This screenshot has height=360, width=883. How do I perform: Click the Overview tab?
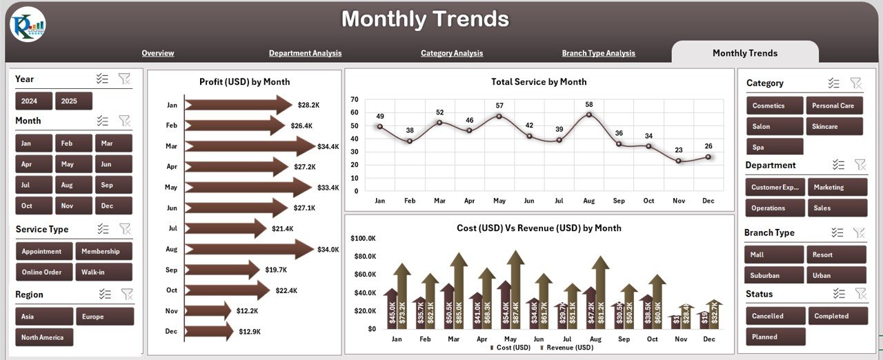pos(158,53)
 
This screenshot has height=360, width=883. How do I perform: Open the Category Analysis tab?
pos(452,53)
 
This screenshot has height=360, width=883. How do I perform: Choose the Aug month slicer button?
pos(67,185)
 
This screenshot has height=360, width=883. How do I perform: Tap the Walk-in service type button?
pos(103,272)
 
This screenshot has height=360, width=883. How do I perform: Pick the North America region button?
pos(44,337)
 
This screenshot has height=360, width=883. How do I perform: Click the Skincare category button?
pos(834,126)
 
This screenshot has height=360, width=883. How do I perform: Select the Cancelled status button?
pos(775,316)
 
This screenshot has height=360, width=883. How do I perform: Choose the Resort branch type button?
pos(835,254)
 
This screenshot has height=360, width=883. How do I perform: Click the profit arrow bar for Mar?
pos(248,146)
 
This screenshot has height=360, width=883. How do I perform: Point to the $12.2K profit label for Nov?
pos(247,311)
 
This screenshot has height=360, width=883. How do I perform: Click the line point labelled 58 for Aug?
pos(588,114)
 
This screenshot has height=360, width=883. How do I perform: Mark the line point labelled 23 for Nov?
pos(679,161)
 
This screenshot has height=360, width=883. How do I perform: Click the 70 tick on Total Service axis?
pos(355,99)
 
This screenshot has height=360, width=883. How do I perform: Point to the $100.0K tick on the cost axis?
pos(363,238)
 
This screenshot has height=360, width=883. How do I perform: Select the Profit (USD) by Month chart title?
pos(244,82)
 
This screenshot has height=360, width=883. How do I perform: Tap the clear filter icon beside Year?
pos(124,79)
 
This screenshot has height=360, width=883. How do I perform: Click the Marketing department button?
pos(835,187)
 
